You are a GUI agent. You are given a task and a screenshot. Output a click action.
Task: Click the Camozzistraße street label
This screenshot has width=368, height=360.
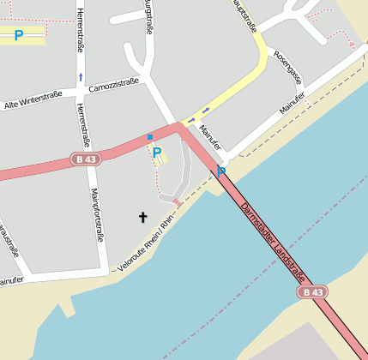114,84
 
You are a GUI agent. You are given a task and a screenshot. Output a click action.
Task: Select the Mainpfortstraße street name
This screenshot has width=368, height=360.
96,214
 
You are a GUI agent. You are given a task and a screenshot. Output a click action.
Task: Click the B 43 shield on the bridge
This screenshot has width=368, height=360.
313,292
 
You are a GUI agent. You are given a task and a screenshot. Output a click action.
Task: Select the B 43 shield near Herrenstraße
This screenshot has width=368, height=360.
86,159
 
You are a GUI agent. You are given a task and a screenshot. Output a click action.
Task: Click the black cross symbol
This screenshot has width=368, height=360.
143,217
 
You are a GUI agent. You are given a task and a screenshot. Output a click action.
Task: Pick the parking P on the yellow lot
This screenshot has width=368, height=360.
18,36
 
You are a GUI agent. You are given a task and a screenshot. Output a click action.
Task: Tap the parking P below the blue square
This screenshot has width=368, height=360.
157,153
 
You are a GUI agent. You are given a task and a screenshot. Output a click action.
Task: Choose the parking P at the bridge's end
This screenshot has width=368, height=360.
220,172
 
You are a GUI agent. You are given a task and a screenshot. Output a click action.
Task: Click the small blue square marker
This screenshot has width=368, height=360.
149,137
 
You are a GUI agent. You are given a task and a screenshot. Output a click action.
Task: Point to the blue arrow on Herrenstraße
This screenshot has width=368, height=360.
81,77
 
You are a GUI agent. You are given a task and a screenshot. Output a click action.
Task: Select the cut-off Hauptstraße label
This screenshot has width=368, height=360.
245,15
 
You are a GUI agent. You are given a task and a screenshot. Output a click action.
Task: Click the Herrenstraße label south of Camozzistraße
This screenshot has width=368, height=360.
83,123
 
